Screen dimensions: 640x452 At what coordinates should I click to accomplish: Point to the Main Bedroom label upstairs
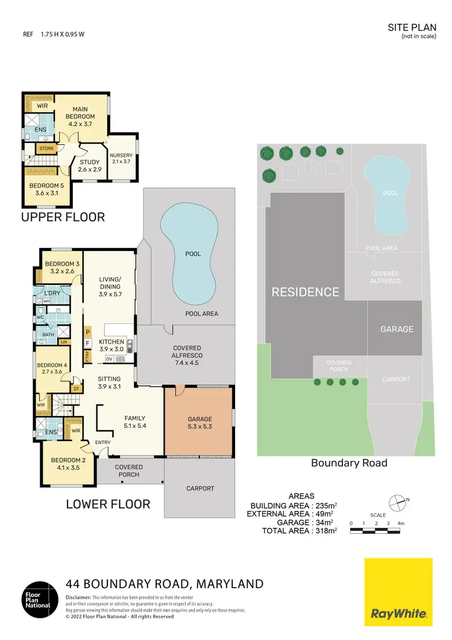pos(80,113)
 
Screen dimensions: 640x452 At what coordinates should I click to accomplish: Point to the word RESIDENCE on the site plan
pos(305,292)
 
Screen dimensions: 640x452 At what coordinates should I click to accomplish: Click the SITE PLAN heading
pos(410,28)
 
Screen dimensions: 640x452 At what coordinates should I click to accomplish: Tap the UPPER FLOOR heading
pos(63,217)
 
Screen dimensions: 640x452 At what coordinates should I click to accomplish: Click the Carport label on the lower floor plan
pos(199,489)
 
